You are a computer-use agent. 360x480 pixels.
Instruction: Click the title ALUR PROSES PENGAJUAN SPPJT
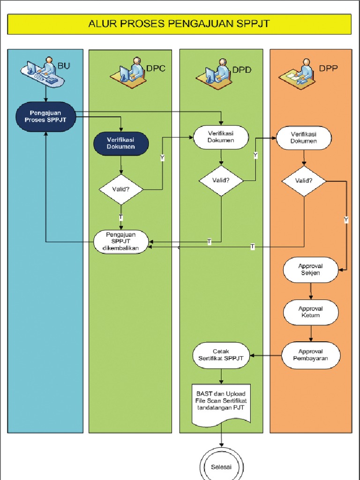[x=179, y=24]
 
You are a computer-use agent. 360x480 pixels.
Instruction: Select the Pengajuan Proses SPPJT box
[x=45, y=117]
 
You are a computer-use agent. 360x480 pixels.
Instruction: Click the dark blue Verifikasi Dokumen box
[x=121, y=143]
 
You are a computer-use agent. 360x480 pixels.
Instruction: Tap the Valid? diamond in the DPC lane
[x=121, y=189]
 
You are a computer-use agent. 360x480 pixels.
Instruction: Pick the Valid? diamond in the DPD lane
[x=221, y=180]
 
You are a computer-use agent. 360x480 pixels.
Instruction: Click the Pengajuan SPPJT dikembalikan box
[x=121, y=242]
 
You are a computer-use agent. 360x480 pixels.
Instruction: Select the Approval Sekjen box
[x=310, y=270]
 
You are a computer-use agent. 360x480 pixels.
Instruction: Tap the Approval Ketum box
[x=310, y=312]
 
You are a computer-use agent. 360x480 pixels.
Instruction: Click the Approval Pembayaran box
[x=310, y=355]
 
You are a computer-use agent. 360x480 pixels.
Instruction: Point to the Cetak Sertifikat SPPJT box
[x=221, y=355]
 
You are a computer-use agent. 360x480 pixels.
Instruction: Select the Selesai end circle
[x=221, y=467]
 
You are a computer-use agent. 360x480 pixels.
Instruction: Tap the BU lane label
[x=63, y=66]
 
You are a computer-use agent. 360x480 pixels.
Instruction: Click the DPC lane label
[x=156, y=68]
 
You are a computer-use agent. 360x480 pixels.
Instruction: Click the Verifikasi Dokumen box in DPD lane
[x=221, y=137]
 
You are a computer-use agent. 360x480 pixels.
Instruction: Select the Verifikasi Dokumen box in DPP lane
[x=303, y=137]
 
